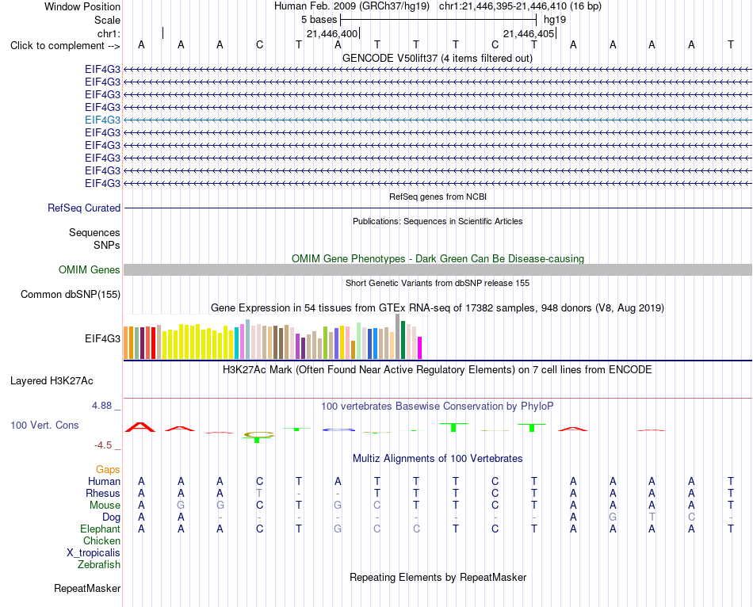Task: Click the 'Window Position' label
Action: click(82, 6)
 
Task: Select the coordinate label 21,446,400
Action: click(332, 33)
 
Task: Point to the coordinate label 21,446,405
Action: click(529, 33)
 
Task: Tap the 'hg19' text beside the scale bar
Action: click(555, 20)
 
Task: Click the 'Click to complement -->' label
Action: click(65, 46)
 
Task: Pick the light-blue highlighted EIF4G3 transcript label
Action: click(102, 120)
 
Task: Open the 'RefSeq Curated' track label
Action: click(84, 208)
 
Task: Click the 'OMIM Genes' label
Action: click(90, 270)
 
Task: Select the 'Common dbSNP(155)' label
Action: click(70, 294)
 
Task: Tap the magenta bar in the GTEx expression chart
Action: click(420, 348)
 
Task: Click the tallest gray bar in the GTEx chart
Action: click(398, 337)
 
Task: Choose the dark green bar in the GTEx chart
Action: click(403, 340)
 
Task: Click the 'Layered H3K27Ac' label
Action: click(52, 381)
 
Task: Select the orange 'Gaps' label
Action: click(108, 469)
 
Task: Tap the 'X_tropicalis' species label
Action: click(94, 553)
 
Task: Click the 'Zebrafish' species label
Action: click(99, 565)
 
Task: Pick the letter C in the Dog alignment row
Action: click(691, 517)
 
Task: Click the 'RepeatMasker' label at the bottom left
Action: click(87, 588)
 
